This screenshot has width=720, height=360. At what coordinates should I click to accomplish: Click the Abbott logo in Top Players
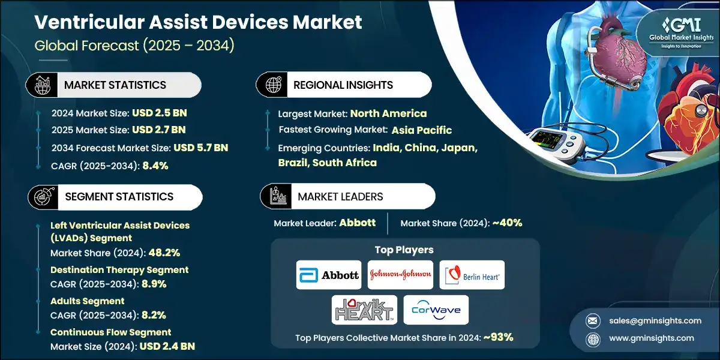(329, 275)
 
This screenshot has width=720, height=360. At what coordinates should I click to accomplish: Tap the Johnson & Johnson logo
(400, 275)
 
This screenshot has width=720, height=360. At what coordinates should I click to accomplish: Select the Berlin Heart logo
(472, 275)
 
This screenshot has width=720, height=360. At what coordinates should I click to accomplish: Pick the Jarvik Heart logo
(364, 310)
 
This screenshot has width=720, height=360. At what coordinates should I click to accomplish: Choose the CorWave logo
(436, 310)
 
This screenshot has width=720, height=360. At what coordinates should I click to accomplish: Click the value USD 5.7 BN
(200, 148)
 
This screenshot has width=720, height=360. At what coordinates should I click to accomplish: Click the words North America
(388, 113)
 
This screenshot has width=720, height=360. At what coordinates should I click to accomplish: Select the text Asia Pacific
(422, 130)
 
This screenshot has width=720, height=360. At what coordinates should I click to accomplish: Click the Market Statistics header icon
(41, 85)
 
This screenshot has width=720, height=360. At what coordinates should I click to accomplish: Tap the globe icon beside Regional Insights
(272, 85)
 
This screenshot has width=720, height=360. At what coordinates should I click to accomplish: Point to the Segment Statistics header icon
(41, 197)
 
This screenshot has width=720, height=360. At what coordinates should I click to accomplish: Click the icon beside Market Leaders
(277, 197)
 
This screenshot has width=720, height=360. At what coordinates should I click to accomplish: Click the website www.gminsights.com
(653, 338)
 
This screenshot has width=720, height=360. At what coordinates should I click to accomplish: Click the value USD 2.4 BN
(167, 346)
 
